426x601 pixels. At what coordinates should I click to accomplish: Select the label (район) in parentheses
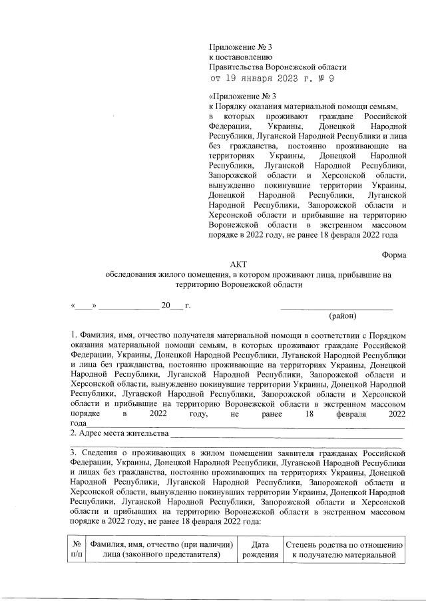[343, 315]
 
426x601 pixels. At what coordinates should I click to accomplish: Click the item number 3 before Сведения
[74, 453]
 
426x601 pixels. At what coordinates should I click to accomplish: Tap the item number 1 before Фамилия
[73, 334]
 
